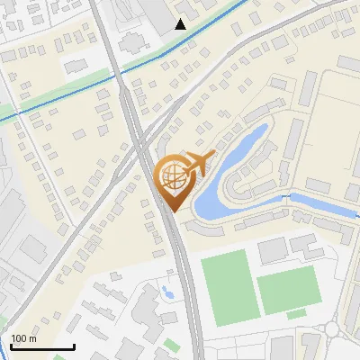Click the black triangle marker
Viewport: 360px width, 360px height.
tap(181, 24)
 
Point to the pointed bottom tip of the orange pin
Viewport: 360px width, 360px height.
tap(172, 212)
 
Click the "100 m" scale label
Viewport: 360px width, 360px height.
tap(24, 338)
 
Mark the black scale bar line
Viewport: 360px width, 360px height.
tap(42, 346)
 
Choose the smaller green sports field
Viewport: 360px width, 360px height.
tap(288, 288)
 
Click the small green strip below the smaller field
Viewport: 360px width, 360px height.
tap(296, 314)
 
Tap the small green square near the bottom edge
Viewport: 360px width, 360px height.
tap(171, 345)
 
